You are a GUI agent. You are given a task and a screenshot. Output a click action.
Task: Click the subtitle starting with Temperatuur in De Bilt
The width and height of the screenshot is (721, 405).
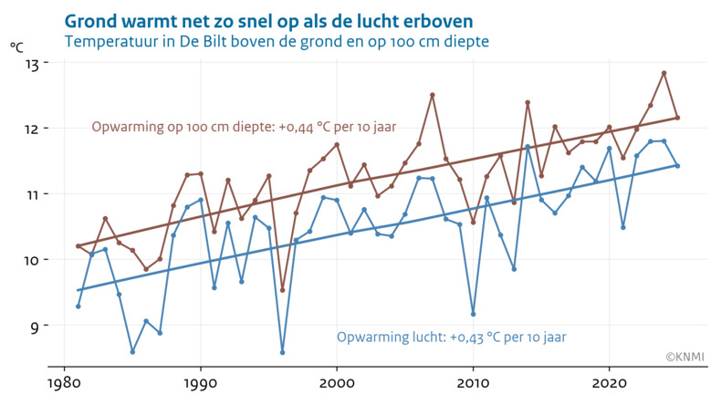(x=277, y=42)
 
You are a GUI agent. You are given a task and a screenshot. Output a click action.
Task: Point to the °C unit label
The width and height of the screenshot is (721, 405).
(x=17, y=47)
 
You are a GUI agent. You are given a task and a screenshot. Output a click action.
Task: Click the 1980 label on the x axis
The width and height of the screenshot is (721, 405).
(x=63, y=380)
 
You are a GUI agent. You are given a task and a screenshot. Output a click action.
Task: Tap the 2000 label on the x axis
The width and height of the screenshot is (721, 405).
(x=337, y=380)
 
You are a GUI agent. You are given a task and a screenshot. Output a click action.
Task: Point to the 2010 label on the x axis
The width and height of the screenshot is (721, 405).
(x=473, y=380)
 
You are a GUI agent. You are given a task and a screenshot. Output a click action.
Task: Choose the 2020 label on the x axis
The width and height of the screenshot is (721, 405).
(x=610, y=380)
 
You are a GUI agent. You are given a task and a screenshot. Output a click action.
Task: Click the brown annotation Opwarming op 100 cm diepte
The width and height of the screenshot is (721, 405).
(x=245, y=127)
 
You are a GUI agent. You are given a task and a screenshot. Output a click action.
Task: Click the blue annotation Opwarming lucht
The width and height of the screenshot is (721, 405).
(x=451, y=337)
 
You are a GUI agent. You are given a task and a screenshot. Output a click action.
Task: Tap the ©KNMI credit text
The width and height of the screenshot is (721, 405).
(x=684, y=357)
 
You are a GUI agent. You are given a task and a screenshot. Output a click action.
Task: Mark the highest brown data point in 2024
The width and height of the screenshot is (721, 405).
(x=664, y=73)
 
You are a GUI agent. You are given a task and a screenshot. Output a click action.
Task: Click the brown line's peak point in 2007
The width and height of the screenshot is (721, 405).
(x=433, y=95)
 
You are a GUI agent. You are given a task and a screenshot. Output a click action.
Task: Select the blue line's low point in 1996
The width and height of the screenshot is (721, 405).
(x=282, y=352)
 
